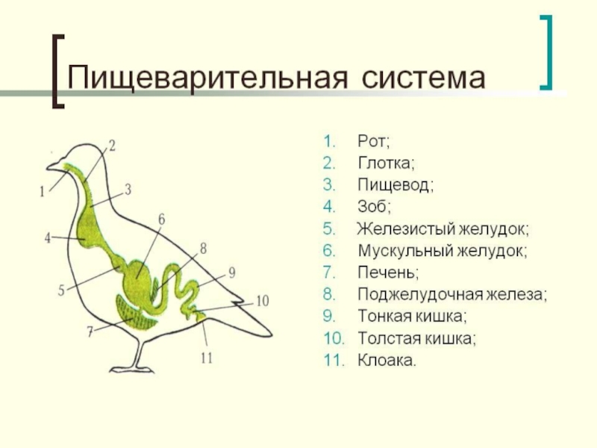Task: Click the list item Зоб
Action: (x=374, y=207)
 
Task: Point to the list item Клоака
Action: (x=387, y=361)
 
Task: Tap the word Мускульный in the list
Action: (x=402, y=251)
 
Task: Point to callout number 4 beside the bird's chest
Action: (x=47, y=238)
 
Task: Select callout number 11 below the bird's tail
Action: (x=207, y=358)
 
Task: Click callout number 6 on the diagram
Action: (x=161, y=220)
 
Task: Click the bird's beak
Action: (x=51, y=165)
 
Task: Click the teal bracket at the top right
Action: (x=549, y=51)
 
